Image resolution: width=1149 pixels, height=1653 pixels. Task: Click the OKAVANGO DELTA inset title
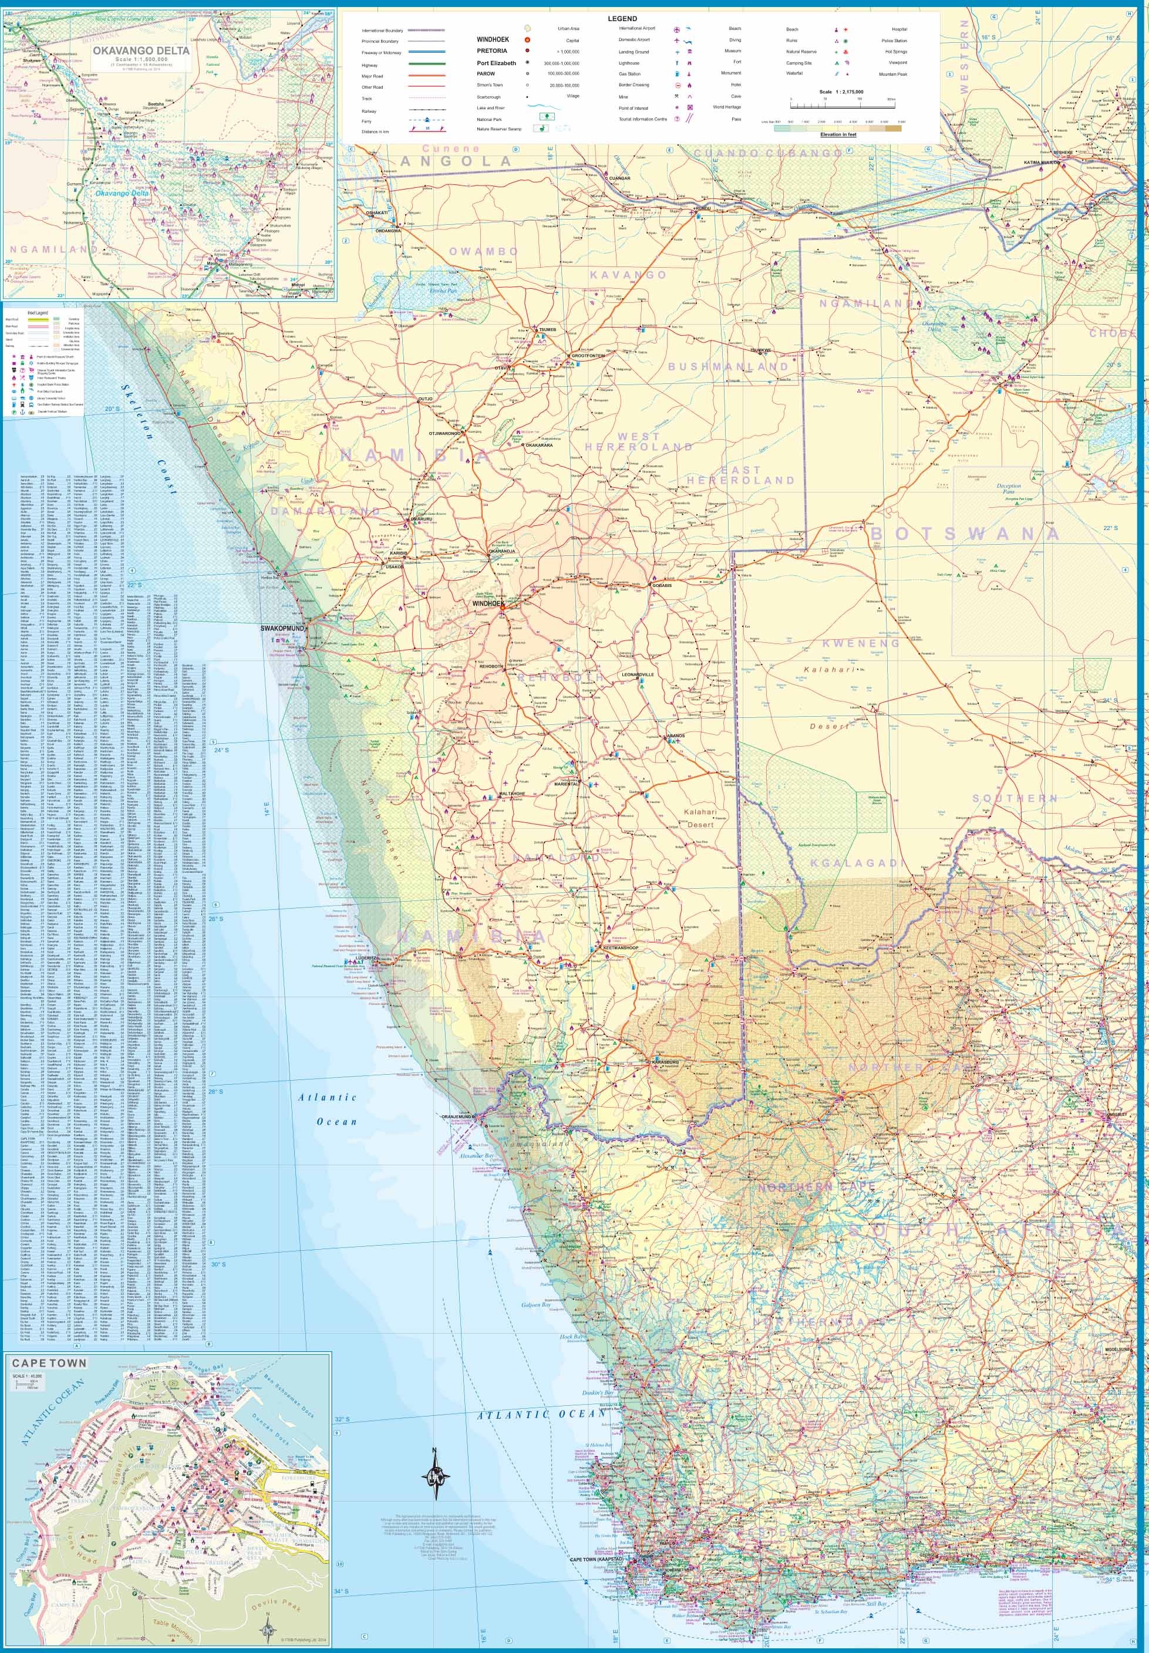(x=141, y=50)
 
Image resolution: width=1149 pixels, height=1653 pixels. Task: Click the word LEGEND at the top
(x=622, y=19)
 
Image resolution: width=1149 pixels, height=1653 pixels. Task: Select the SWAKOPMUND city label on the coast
(x=282, y=628)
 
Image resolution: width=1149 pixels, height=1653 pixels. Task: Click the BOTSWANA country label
(x=965, y=533)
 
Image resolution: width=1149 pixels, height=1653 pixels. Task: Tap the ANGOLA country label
(x=455, y=161)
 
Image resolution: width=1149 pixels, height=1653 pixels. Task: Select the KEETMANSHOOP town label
(x=619, y=948)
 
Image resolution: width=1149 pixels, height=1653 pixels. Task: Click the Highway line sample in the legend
(x=426, y=64)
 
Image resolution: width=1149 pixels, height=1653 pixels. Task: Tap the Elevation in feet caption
(x=838, y=134)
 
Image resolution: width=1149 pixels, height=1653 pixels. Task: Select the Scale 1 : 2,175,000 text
(x=841, y=92)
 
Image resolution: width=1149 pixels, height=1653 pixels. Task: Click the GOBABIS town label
(x=661, y=585)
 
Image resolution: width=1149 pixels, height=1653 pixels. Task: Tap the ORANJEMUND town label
(x=456, y=1116)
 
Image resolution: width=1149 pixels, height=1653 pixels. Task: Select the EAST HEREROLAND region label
(x=740, y=475)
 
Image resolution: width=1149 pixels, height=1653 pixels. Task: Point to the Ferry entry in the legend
(x=366, y=122)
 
